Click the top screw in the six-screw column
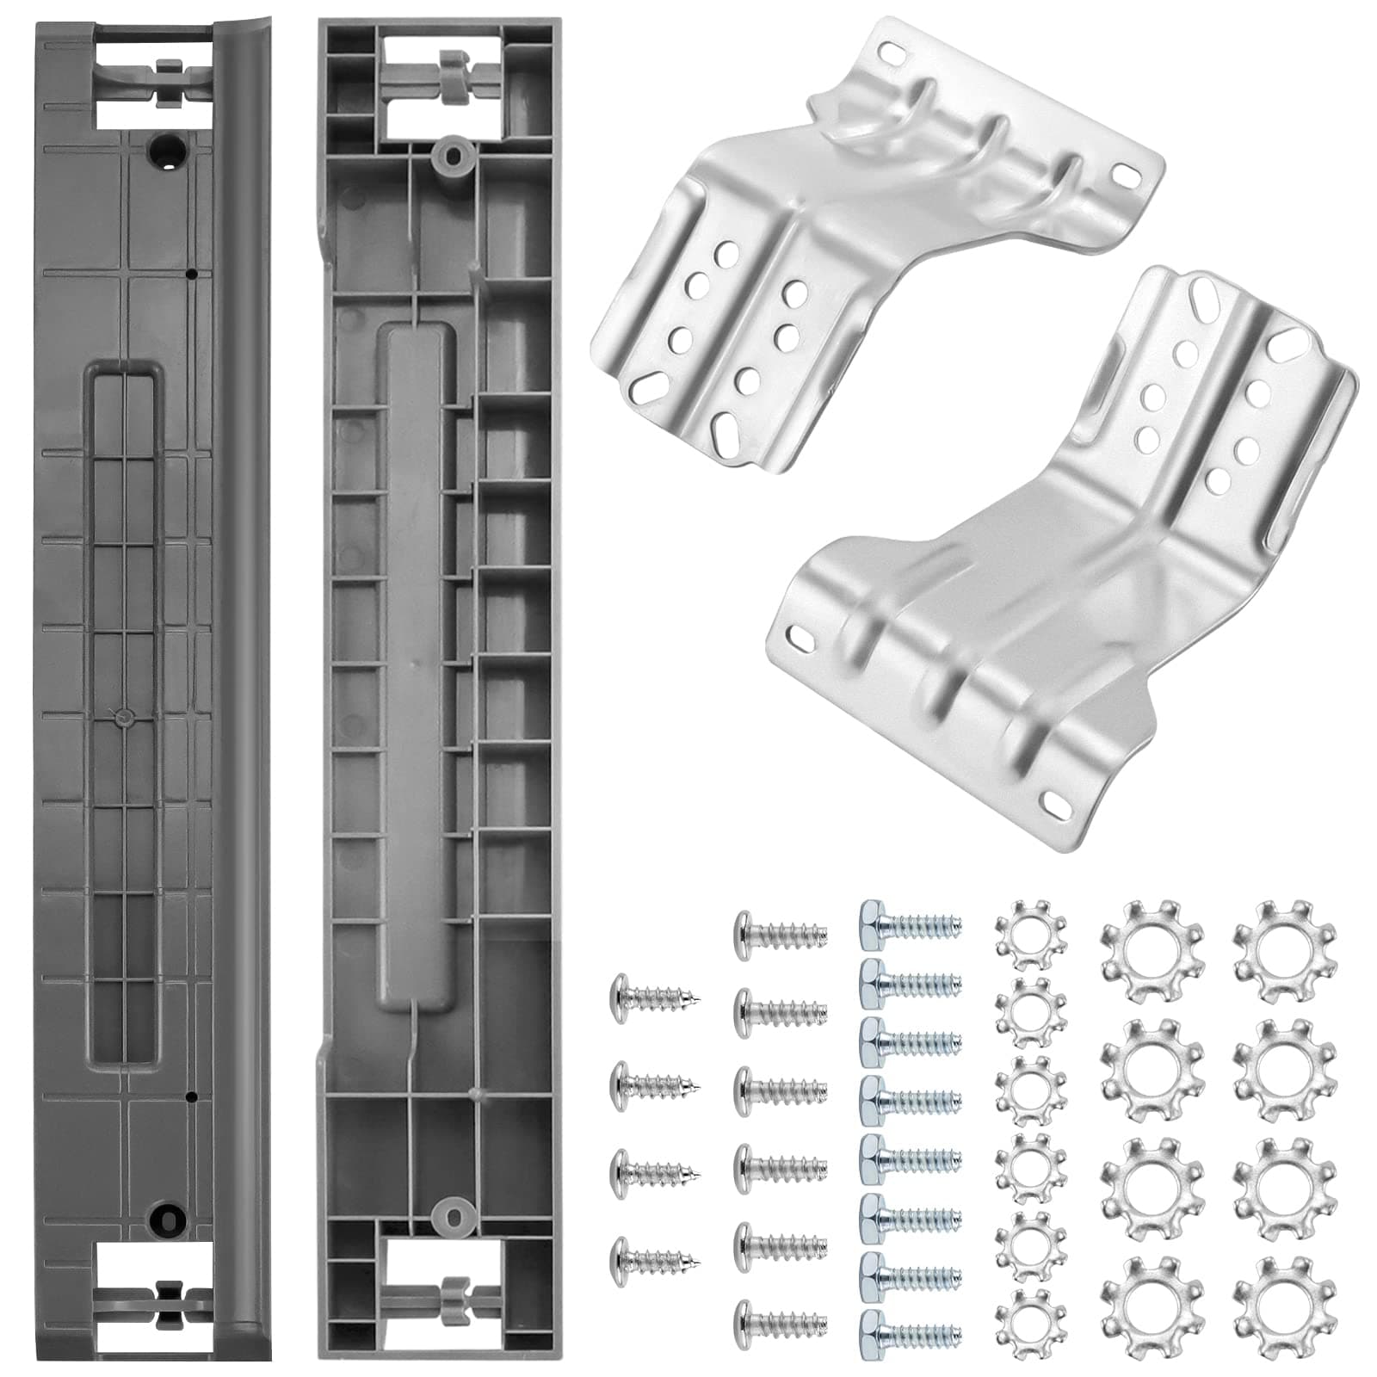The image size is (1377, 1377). point(780,929)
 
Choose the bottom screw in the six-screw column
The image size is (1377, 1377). point(780,1317)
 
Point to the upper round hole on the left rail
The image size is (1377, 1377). point(166,151)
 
